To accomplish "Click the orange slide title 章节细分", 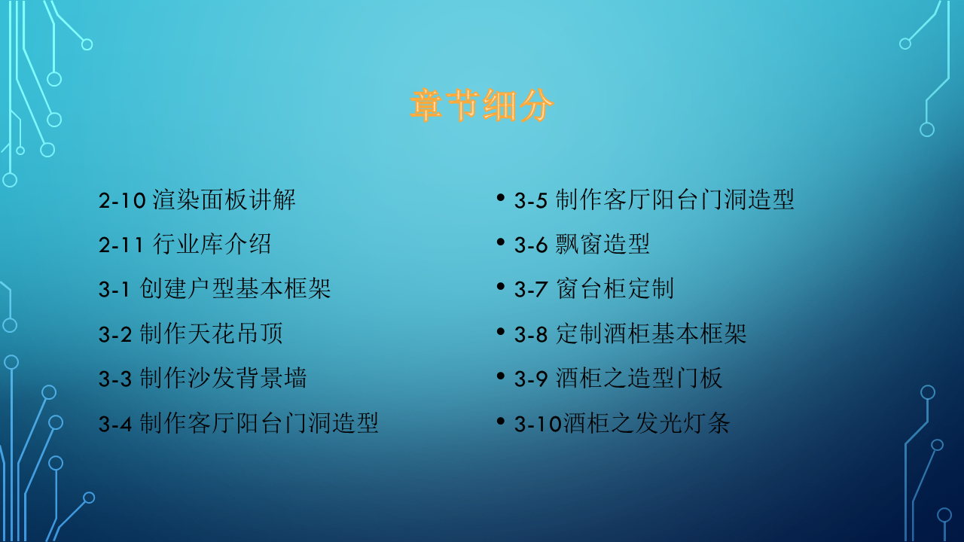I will (482, 106).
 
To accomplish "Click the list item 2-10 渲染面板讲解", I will (197, 200).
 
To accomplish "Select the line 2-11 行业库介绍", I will (185, 245).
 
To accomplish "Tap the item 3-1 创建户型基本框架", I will (215, 289).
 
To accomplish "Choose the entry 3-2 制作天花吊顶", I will (191, 334).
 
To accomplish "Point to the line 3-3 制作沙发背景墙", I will (203, 379).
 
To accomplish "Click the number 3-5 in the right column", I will (531, 201).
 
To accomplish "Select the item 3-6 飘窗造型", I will (581, 245).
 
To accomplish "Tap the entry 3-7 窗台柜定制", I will (593, 289).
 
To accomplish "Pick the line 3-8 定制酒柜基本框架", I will (630, 334).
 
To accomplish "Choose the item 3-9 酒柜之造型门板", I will (618, 379).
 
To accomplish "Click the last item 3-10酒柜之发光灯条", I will (622, 424).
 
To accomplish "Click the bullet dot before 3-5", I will (501, 197).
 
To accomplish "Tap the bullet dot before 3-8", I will (501, 331).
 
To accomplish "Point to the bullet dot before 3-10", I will (501, 421).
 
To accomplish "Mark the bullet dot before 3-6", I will (501, 242).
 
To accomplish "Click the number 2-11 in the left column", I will (121, 245).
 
